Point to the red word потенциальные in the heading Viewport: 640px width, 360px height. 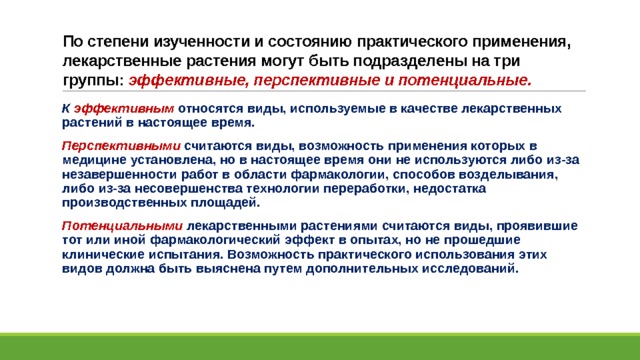[465, 80]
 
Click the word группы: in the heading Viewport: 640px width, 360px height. [93, 81]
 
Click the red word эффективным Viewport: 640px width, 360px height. [124, 109]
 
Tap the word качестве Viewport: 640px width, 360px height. [429, 109]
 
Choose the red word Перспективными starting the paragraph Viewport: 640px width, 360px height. [121, 146]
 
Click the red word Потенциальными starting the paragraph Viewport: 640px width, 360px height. [122, 226]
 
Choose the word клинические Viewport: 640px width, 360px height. [103, 255]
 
